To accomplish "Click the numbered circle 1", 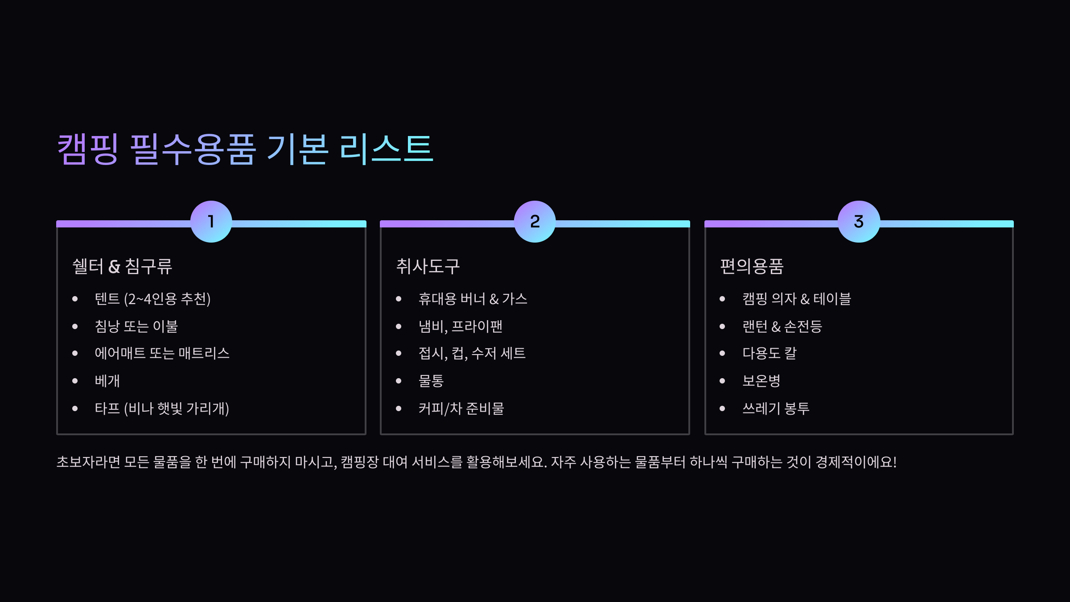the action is [211, 222].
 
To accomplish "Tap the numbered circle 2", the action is [535, 222].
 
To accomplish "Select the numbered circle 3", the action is [859, 222].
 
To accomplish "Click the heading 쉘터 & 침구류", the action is [122, 266].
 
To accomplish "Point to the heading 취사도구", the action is [428, 266].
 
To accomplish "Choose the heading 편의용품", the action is [752, 266].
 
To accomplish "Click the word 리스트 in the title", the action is [386, 149].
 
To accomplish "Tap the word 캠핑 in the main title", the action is [88, 149].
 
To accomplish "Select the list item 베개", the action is [107, 381].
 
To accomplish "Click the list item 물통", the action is [431, 381].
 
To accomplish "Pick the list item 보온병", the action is [761, 381].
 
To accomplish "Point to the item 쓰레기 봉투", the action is [776, 408].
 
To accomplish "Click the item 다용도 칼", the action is [770, 353].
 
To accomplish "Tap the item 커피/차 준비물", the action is [461, 408].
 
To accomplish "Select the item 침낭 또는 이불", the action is [136, 326].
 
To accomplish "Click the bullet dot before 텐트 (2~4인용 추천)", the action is [75, 299].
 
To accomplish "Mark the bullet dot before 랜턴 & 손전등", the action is [722, 326].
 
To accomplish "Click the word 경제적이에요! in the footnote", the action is [856, 462].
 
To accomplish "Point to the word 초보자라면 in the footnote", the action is [88, 462].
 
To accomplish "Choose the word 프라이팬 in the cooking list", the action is [477, 326].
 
